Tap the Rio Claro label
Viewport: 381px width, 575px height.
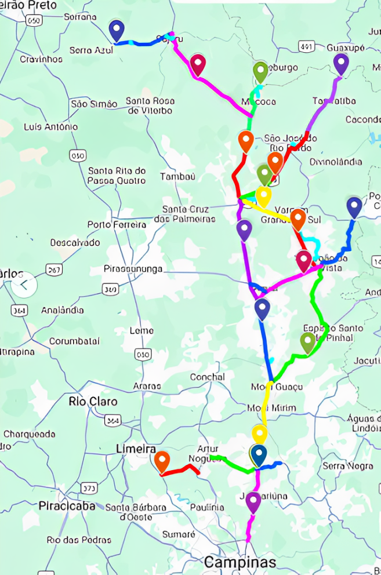pos(93,401)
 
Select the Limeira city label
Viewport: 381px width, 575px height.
pos(136,450)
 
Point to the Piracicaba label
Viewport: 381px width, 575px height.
pos(67,506)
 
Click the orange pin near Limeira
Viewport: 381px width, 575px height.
pos(162,462)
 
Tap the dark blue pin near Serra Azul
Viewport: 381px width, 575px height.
pos(117,30)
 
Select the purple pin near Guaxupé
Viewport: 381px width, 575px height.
pos(341,64)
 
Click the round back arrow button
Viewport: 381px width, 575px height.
pos(24,285)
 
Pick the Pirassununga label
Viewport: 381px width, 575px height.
pos(133,269)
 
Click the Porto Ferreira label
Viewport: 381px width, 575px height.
pos(117,224)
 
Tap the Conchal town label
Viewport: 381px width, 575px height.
pos(207,377)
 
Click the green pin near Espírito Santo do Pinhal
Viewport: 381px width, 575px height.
pos(308,343)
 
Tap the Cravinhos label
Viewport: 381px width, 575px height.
pos(41,59)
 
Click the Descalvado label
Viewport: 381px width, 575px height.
pos(75,242)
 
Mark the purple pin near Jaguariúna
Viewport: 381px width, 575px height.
pos(253,502)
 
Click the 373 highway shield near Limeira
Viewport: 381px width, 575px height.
pos(89,487)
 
